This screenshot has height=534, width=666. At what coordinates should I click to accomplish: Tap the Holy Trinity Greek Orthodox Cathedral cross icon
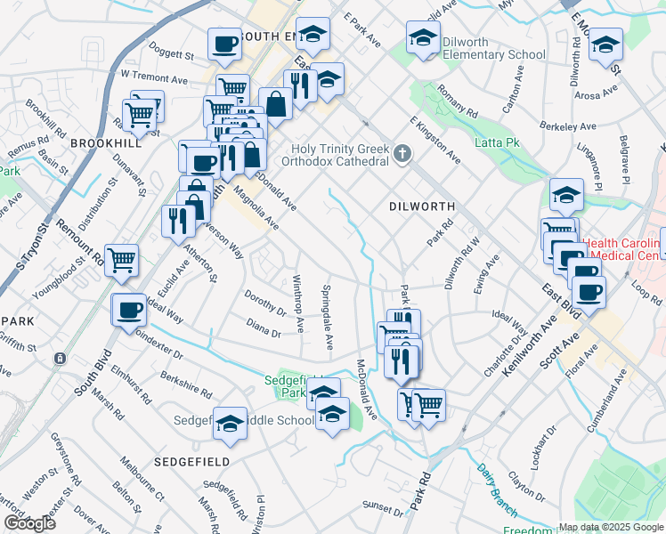(402, 156)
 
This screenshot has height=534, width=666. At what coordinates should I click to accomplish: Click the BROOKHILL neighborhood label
(105, 142)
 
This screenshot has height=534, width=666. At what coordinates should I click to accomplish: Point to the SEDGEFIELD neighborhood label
(191, 462)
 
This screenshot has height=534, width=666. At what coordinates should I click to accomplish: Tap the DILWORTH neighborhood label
(422, 206)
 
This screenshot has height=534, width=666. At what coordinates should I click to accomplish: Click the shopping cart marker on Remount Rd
(121, 261)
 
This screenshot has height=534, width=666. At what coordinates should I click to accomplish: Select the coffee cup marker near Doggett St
(224, 44)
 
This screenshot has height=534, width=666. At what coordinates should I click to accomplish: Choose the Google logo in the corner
(29, 523)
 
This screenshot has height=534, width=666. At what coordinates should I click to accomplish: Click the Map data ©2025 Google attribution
(610, 527)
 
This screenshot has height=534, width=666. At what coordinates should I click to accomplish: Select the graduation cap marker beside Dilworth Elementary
(423, 38)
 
